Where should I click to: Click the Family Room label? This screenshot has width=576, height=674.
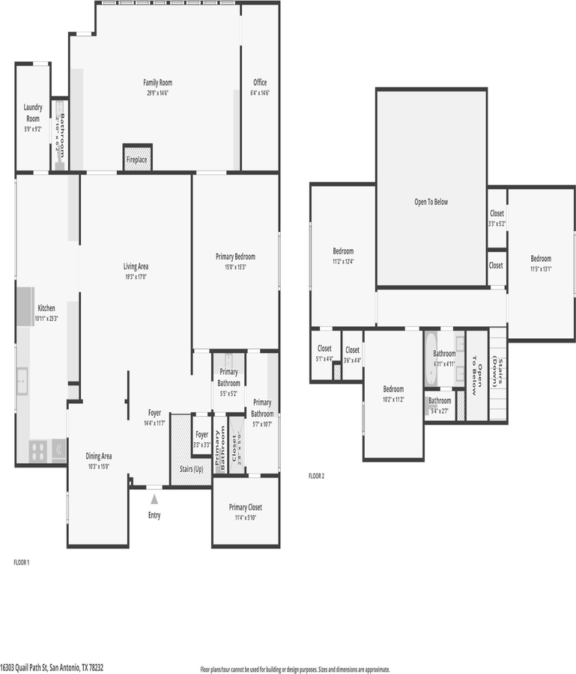tap(157, 87)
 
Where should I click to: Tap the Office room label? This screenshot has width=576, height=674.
tap(259, 87)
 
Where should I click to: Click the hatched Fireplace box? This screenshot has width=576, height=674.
tap(137, 159)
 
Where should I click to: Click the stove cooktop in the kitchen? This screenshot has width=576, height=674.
tap(38, 450)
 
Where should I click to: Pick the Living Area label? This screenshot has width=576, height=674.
tap(136, 271)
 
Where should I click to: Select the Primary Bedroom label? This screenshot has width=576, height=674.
tap(235, 261)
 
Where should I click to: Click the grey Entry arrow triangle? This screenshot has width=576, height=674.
tap(154, 498)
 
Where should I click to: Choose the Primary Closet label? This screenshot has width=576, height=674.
tap(245, 512)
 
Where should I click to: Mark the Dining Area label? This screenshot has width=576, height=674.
tap(98, 460)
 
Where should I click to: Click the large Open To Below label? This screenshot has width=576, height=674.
tap(431, 202)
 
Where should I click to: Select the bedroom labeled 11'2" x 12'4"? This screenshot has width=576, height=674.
tap(343, 256)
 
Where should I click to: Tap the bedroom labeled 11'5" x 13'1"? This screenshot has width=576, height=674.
tap(541, 264)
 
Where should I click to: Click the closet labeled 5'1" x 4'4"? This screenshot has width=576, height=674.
tap(324, 353)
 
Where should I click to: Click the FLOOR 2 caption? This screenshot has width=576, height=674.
tap(316, 476)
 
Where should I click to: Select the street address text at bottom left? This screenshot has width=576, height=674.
tap(52, 667)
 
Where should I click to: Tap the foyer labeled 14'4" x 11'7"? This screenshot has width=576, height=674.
tap(154, 417)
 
